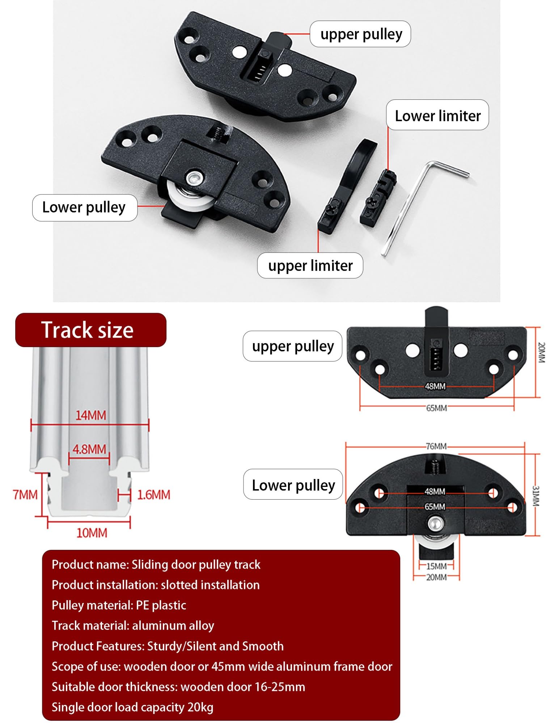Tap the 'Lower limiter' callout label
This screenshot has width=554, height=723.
437,115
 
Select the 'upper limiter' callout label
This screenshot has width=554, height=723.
310,266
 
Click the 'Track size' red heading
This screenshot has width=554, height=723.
90,330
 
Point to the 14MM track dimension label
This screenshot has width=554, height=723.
91,415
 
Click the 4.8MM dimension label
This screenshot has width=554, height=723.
89,449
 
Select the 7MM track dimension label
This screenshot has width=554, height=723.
25,495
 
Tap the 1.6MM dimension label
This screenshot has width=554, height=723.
153,495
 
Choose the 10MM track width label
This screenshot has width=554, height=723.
92,533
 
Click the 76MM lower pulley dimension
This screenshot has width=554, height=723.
436,446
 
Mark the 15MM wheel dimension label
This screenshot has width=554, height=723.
436,566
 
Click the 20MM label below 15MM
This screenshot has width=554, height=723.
436,577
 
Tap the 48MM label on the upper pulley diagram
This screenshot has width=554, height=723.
435,386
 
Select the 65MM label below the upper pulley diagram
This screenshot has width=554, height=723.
436,408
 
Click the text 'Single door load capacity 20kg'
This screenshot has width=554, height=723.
132,707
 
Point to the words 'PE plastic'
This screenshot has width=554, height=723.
161,605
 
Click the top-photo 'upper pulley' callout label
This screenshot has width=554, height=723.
360,34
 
